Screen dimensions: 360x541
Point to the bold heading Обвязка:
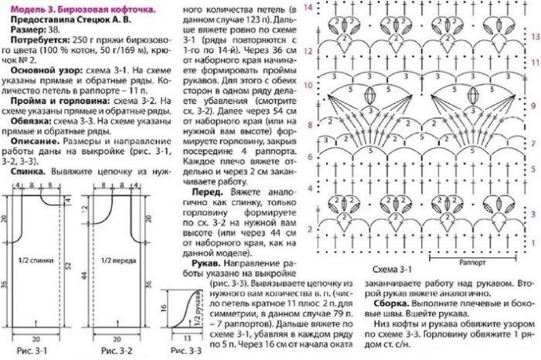coord(31,122)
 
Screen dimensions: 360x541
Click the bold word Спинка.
coord(29,169)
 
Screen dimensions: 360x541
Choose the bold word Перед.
coord(205,191)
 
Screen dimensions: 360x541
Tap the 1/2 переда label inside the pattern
coord(114,256)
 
